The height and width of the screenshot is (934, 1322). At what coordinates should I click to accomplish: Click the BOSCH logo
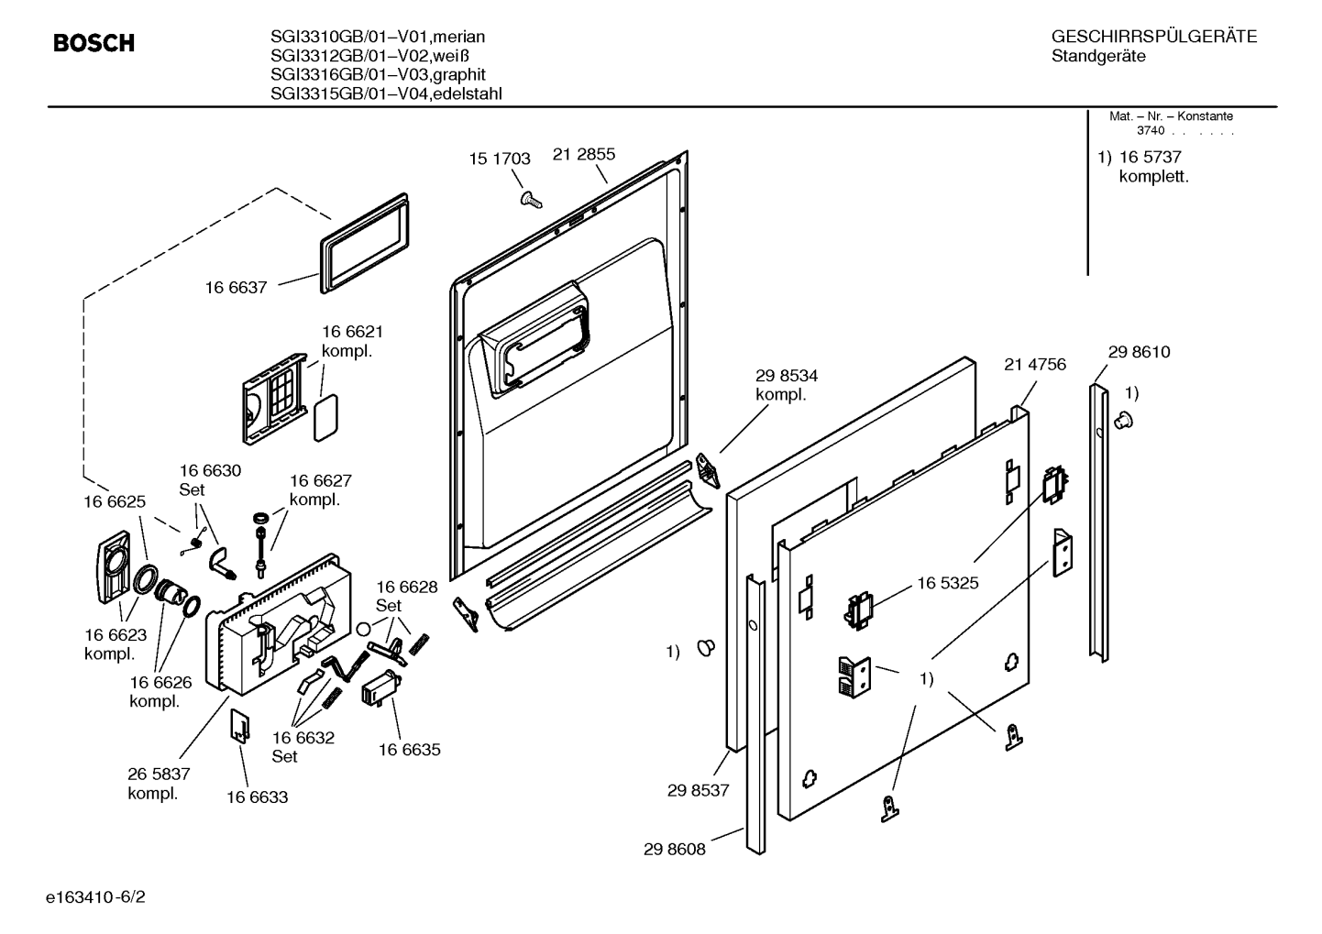tap(94, 43)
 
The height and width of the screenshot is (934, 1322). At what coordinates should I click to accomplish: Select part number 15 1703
tap(500, 159)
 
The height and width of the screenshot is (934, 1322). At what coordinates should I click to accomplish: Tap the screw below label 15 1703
tap(531, 200)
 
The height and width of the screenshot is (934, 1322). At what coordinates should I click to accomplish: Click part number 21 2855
tap(584, 154)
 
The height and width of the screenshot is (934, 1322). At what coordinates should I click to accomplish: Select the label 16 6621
tap(352, 332)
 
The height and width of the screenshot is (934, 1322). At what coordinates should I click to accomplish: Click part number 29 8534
tap(787, 376)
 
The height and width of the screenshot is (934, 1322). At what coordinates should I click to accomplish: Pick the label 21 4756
tap(1035, 365)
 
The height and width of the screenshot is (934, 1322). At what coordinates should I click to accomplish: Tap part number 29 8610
tap(1139, 352)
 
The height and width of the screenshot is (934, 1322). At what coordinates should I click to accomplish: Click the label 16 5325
tap(948, 583)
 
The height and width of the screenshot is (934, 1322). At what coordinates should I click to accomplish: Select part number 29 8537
tap(699, 791)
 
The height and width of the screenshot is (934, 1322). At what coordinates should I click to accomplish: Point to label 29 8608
tap(675, 850)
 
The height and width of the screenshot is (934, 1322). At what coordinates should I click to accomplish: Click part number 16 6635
tap(410, 750)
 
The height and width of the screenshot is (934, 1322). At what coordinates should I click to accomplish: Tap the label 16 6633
tap(258, 797)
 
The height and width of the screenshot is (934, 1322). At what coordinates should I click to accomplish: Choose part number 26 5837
tap(159, 775)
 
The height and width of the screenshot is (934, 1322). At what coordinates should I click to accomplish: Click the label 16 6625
tap(115, 501)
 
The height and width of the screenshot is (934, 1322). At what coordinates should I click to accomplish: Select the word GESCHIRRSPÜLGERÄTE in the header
tap(1154, 37)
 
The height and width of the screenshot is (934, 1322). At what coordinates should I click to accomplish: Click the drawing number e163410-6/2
tap(95, 897)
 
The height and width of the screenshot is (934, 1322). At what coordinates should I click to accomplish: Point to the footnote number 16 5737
tap(1151, 157)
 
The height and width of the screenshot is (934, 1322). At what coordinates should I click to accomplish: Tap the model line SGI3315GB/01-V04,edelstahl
tap(386, 93)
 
